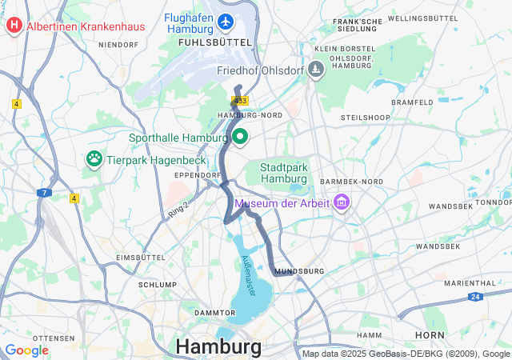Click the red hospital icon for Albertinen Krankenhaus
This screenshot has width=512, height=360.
pos(14,26)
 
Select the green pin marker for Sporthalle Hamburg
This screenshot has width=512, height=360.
pos(239,137)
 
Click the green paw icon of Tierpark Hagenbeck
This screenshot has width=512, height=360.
pos(94,159)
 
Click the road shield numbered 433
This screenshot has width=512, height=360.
pos(241,100)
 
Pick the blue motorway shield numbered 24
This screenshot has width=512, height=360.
pos(474,297)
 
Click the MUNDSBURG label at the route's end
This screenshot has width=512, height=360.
pos(299,272)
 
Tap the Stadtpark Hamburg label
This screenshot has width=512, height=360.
pos(284,172)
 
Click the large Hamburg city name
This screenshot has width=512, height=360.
pos(218,347)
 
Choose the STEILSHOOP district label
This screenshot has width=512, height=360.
pos(365,117)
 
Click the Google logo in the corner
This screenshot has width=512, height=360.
pos(27,350)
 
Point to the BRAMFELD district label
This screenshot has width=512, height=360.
pos(412,102)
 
